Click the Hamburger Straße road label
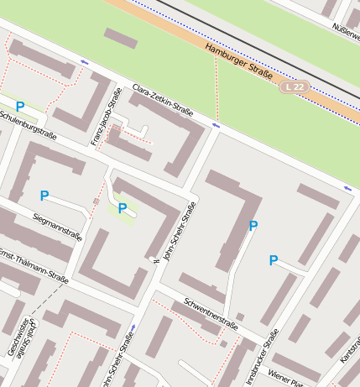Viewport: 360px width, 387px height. point(238,62)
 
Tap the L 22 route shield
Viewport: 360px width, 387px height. point(294,86)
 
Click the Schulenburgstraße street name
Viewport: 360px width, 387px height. point(28,123)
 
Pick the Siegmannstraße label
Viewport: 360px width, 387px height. point(57,226)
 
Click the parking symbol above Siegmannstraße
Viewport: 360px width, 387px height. point(44,196)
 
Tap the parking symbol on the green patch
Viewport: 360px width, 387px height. point(123,208)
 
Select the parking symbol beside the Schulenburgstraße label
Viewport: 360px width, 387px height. point(19,107)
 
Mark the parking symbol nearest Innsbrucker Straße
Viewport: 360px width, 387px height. point(273,260)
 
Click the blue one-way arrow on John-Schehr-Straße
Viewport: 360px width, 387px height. point(133,328)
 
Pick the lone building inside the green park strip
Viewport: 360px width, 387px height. point(121,39)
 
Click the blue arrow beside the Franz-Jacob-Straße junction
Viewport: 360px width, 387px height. point(84,63)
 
